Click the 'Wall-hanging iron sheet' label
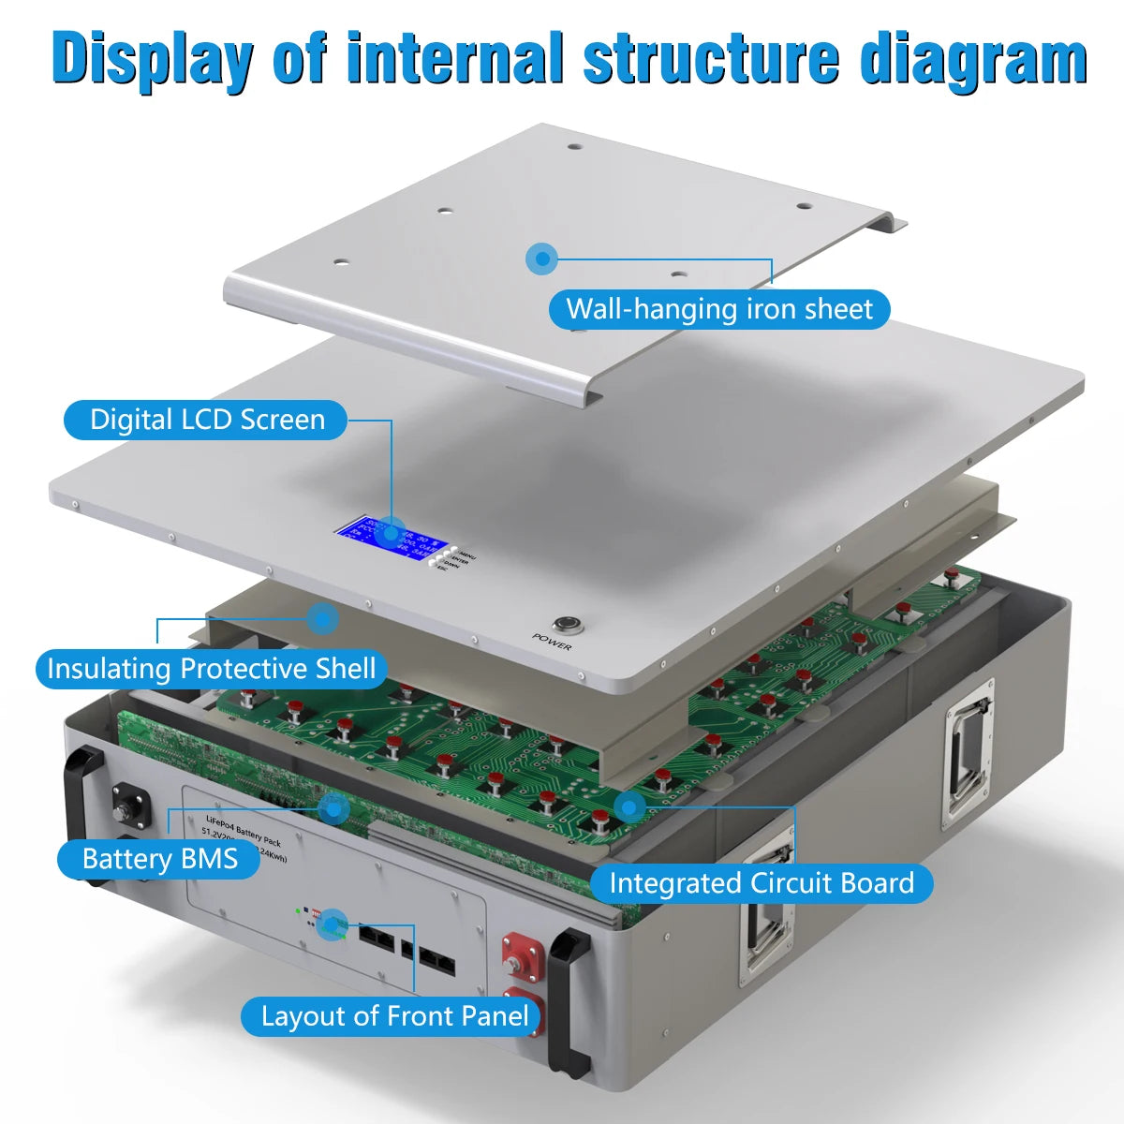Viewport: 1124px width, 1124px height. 718,309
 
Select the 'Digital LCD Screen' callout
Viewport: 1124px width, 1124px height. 206,420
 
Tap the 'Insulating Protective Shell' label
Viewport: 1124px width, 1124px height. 211,669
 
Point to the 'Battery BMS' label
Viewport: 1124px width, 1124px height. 159,859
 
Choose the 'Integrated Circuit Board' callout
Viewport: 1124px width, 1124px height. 761,883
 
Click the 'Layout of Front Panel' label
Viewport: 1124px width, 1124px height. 394,1016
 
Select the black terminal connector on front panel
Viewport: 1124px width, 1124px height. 126,806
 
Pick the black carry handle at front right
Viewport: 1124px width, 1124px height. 569,1002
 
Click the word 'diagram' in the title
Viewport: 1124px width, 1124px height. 973,58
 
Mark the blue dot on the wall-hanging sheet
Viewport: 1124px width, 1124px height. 540,259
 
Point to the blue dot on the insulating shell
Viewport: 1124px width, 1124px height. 323,618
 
